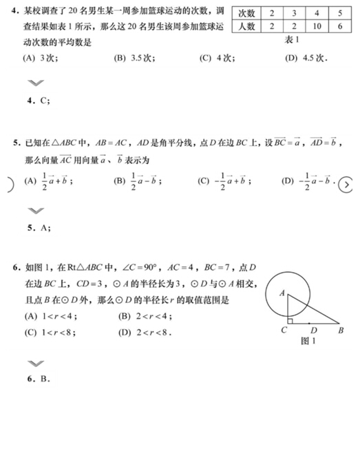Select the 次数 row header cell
pyautogui.click(x=246, y=14)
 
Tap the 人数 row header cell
pyautogui.click(x=246, y=27)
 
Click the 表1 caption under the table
pyautogui.click(x=293, y=41)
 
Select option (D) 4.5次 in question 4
pyautogui.click(x=306, y=59)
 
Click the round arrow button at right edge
pyautogui.click(x=347, y=185)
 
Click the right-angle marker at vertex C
pyautogui.click(x=290, y=320)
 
